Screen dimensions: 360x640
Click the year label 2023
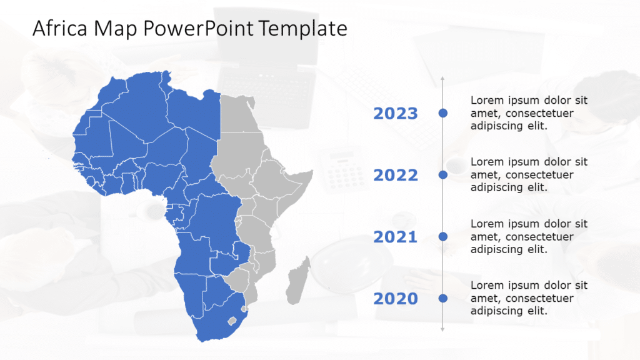(395, 113)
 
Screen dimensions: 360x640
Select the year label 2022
(395, 175)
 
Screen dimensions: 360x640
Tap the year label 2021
(395, 237)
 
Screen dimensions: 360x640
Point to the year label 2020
(395, 299)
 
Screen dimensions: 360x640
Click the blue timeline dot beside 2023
(443, 113)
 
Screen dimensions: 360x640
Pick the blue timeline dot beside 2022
(443, 175)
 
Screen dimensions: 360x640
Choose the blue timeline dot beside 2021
(443, 236)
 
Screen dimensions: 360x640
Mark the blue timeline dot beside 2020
(443, 298)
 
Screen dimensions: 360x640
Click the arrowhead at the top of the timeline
(443, 79)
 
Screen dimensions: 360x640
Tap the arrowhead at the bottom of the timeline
(443, 329)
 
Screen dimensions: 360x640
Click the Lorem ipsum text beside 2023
(529, 113)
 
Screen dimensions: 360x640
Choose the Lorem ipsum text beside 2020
(529, 298)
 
